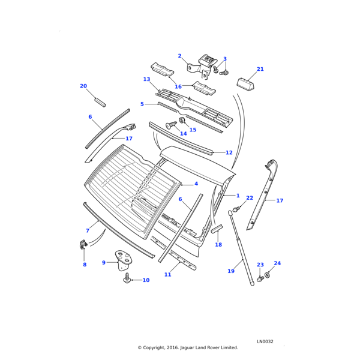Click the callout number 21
point(260,69)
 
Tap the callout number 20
point(83,86)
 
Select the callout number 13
point(146,79)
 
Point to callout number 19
point(231,271)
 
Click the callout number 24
point(277,263)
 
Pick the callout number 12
point(229,152)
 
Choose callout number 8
point(84,265)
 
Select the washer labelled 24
point(267,275)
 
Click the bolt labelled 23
point(260,279)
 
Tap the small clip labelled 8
point(83,244)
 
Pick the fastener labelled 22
point(238,209)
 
